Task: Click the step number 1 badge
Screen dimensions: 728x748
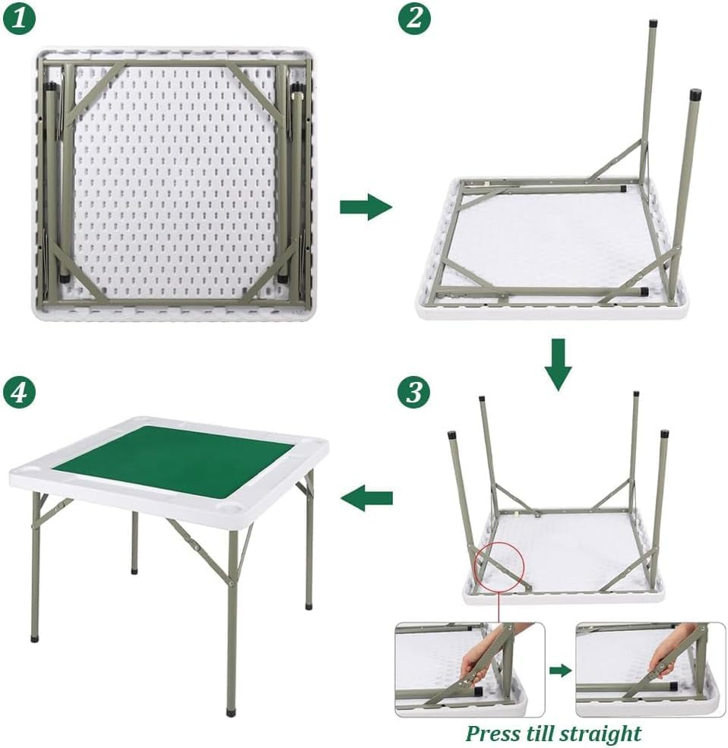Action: (x=19, y=18)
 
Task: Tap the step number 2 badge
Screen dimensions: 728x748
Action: (x=414, y=18)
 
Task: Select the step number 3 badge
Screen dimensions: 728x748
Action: (x=414, y=392)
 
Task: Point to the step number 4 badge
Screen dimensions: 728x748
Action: (x=19, y=392)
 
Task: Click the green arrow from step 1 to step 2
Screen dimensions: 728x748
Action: (x=366, y=207)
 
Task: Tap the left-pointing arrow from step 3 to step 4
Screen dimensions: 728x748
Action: (x=366, y=498)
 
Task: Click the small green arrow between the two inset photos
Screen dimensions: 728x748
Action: (x=561, y=671)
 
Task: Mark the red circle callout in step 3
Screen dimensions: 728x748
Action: (x=499, y=567)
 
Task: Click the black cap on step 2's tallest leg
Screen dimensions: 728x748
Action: (x=653, y=23)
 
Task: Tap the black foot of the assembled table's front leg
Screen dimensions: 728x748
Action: (x=232, y=712)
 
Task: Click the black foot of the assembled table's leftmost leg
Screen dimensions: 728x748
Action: (x=34, y=638)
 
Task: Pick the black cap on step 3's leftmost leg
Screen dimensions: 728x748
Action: (x=451, y=434)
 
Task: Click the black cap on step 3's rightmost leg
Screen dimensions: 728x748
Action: (x=664, y=434)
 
